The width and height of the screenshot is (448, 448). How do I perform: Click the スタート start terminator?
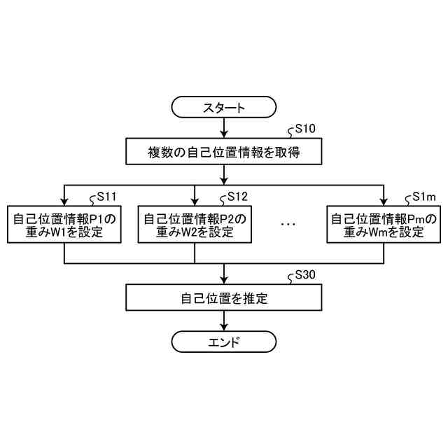(223, 108)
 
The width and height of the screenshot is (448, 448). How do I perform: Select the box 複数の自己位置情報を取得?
(223, 150)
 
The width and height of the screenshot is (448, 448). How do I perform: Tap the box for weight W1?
(64, 225)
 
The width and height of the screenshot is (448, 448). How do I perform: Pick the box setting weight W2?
(194, 225)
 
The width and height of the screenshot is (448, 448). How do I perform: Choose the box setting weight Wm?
(384, 225)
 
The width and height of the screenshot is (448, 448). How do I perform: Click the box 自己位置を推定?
(223, 298)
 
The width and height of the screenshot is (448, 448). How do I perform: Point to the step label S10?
(305, 129)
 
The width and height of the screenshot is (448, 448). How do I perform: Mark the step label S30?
(305, 275)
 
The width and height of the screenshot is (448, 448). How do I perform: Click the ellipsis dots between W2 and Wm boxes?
(288, 225)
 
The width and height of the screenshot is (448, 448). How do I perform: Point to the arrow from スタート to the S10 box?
(223, 128)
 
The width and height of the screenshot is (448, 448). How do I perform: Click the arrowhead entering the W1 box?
(64, 202)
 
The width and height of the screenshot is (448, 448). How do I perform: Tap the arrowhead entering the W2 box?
(194, 202)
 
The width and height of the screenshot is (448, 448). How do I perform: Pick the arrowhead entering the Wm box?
(384, 202)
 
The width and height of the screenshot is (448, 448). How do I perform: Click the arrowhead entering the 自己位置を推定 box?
(223, 280)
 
